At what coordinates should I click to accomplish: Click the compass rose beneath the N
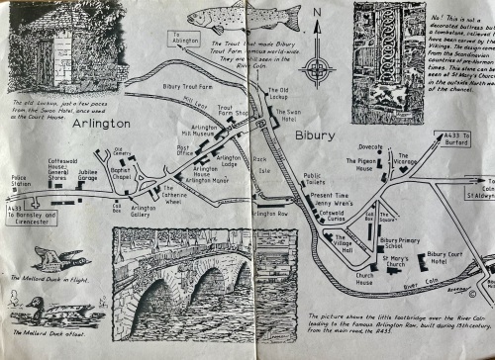[318, 70]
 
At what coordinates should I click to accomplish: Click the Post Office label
[185, 151]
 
